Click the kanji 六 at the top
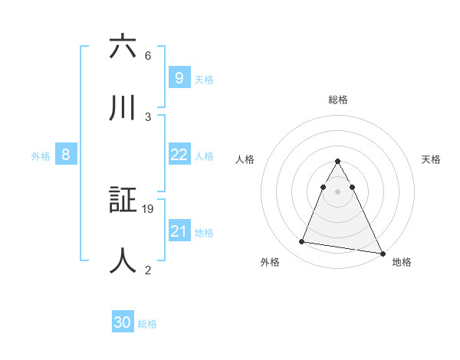click(x=123, y=47)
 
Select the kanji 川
click(x=123, y=107)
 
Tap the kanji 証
click(x=123, y=200)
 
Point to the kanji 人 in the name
click(x=123, y=260)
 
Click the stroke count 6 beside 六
click(x=147, y=56)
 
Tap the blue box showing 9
click(x=179, y=78)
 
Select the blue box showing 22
click(x=179, y=155)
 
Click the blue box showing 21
click(x=179, y=231)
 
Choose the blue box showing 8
click(x=66, y=155)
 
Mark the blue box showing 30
click(x=123, y=322)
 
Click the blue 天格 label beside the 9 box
click(x=204, y=80)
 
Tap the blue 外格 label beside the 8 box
click(x=41, y=156)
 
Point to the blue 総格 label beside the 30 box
click(x=147, y=324)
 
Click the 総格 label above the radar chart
click(x=338, y=100)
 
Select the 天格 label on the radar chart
click(x=432, y=159)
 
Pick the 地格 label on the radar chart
click(x=402, y=263)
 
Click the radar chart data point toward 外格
click(x=302, y=242)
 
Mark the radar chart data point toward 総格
click(x=338, y=162)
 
